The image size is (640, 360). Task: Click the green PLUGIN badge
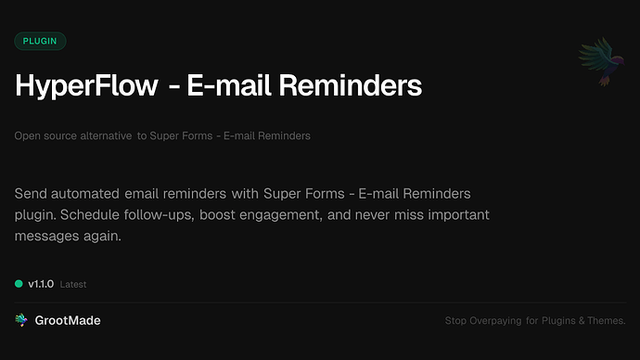40,41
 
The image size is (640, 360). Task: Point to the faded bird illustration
598,62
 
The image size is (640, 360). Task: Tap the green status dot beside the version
19,283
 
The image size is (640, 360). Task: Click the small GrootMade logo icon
20,320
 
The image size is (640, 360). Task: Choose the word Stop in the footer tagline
455,321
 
